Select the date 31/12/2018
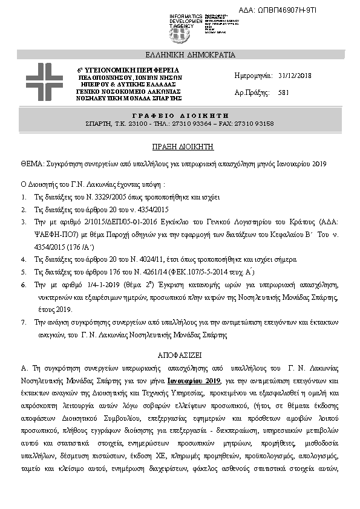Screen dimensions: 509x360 [x=295, y=76]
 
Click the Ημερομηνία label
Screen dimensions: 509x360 [x=254, y=76]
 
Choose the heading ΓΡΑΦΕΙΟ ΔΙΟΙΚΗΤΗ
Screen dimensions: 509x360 [x=180, y=115]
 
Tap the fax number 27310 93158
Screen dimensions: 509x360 [x=254, y=123]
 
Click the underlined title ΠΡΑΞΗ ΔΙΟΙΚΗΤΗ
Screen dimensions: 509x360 [x=180, y=147]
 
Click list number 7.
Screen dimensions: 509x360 [x=23, y=323]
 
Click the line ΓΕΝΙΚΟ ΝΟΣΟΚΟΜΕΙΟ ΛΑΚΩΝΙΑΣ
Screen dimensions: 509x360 [x=129, y=91]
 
